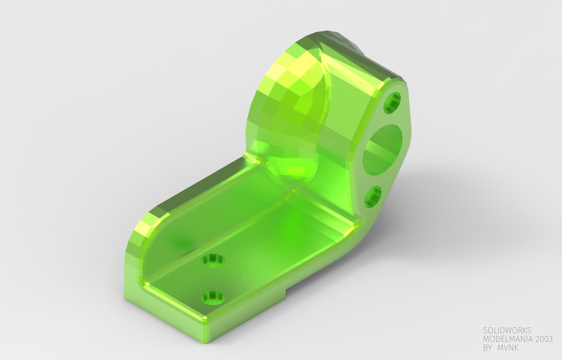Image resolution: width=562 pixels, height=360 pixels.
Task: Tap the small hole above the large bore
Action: [392, 102]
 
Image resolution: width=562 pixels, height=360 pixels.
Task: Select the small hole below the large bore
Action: [373, 197]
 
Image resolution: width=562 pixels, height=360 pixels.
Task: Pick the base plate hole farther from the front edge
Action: [214, 259]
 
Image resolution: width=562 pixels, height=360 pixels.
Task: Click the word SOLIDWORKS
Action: [507, 331]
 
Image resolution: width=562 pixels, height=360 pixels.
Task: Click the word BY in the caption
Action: [488, 348]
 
